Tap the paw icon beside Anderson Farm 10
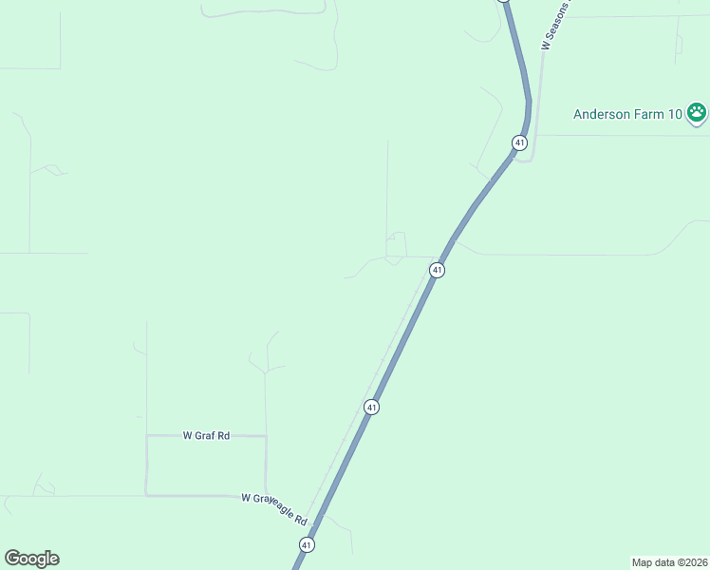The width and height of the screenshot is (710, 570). (x=698, y=113)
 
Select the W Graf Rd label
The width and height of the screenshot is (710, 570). (x=206, y=435)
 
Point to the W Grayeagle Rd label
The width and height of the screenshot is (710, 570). (x=275, y=509)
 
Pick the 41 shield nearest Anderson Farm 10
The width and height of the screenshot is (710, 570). (x=519, y=142)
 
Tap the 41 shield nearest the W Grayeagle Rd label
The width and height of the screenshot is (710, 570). (x=306, y=544)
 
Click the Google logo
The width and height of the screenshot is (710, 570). (x=31, y=559)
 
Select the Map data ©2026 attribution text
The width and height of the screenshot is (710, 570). (x=669, y=561)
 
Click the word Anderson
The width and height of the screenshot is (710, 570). (x=602, y=114)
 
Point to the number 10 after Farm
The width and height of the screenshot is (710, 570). (x=674, y=114)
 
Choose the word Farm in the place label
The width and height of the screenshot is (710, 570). (x=650, y=114)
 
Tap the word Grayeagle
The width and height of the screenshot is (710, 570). (x=274, y=508)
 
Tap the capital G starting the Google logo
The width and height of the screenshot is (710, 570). (x=11, y=559)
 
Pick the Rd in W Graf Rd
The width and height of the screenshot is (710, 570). (x=223, y=435)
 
